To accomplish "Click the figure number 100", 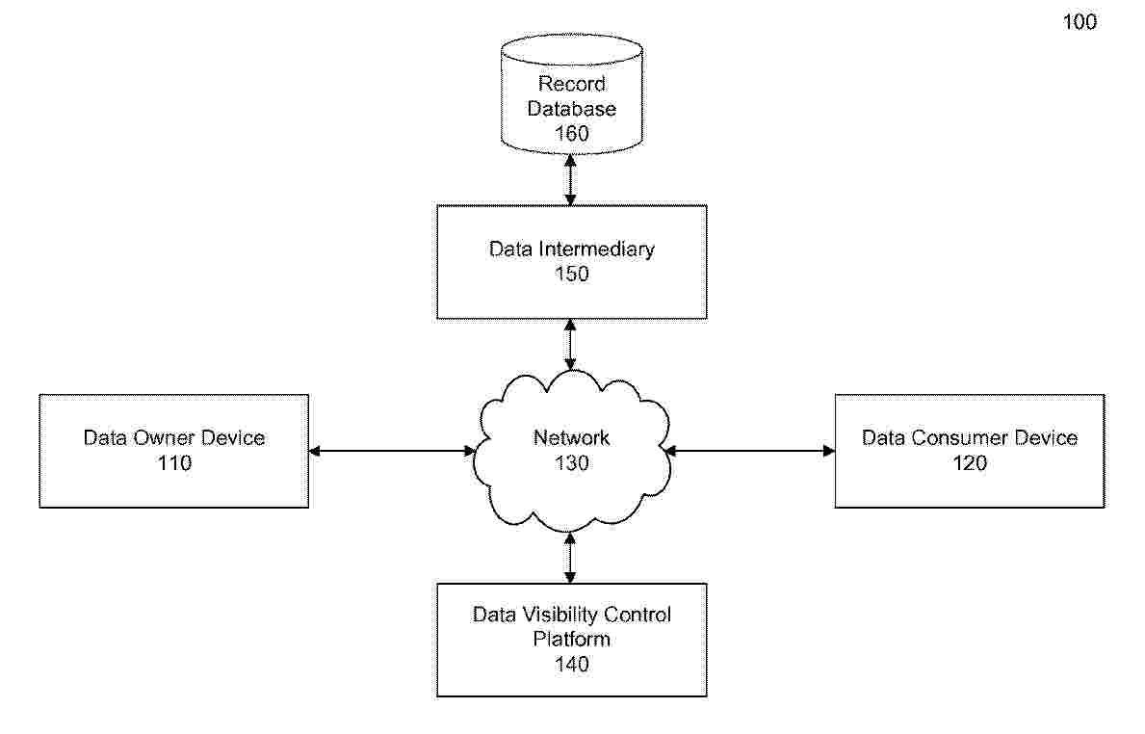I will click(1080, 22).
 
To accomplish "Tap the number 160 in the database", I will click(571, 134).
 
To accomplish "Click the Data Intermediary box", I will click(571, 261).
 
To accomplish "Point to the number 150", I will click(571, 275).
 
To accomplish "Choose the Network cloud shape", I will click(571, 451).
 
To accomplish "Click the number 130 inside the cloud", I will click(571, 463).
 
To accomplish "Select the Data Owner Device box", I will click(174, 450).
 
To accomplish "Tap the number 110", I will click(174, 463).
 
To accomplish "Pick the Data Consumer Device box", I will click(969, 450).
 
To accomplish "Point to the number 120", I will click(969, 463).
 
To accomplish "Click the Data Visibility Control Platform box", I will click(571, 639).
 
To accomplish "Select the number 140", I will click(571, 665).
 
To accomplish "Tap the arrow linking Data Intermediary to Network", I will click(571, 345).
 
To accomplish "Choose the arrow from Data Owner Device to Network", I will click(391, 450).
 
